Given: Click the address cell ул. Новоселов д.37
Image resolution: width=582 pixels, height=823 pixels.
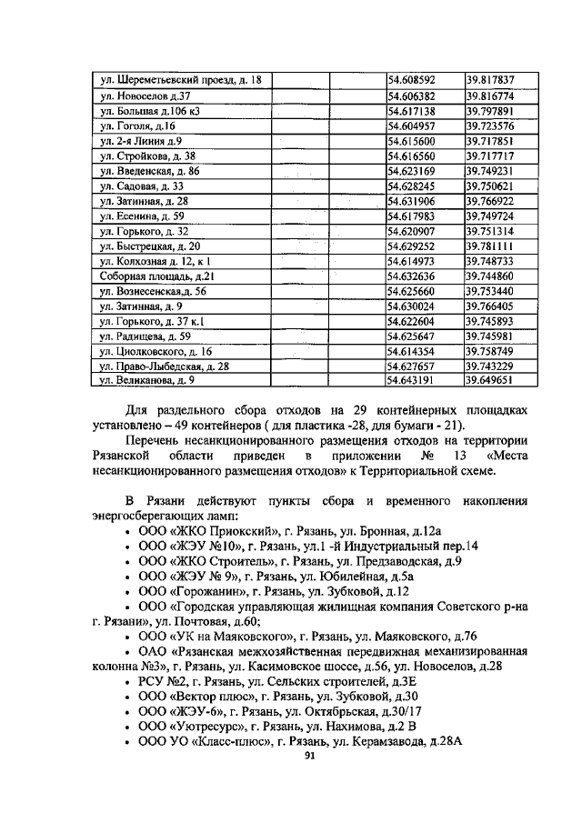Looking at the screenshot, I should coord(145,96).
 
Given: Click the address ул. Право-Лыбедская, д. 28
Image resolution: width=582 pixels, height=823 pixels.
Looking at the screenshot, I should coord(164,366).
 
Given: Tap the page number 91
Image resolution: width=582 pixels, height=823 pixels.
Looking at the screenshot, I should coord(310,757).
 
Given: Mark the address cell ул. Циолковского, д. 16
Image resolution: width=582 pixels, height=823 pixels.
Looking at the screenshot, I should coord(156,350).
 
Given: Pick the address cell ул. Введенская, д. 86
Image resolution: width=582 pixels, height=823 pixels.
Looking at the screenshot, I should coord(150,171).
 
